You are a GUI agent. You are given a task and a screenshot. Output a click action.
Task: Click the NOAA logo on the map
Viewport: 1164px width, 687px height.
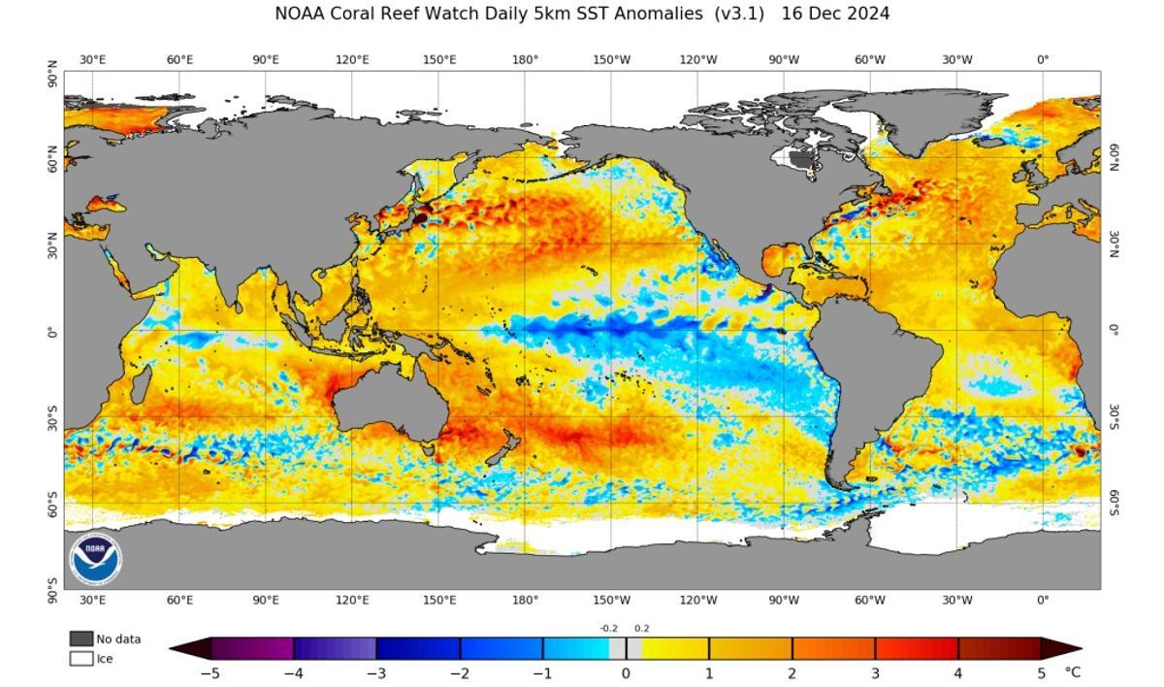point(96,560)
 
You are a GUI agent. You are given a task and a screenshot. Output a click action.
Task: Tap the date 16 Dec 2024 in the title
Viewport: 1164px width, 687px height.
point(835,15)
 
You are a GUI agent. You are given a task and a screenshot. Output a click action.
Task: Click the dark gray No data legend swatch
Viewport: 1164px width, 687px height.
point(81,638)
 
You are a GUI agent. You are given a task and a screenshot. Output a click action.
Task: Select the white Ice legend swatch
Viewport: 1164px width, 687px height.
point(81,658)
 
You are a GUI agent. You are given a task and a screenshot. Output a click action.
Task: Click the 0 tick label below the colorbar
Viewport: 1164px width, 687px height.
point(626,672)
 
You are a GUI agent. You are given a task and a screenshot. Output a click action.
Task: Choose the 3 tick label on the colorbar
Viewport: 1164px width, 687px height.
point(875,672)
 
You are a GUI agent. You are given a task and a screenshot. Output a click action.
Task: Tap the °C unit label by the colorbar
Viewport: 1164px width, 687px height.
point(1072,672)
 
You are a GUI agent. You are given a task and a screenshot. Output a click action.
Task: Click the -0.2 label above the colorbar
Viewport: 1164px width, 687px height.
point(608,628)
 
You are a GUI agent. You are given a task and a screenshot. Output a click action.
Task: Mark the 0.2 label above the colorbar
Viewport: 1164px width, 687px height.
point(642,628)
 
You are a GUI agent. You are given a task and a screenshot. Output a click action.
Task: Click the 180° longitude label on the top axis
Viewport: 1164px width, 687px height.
point(525,59)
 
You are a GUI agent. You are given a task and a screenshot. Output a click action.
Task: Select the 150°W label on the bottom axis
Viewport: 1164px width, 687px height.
point(611,600)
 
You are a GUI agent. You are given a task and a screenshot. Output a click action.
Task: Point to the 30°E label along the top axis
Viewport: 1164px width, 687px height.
point(92,59)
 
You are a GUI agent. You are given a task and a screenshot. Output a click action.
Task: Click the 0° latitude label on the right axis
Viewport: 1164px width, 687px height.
point(1115,330)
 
